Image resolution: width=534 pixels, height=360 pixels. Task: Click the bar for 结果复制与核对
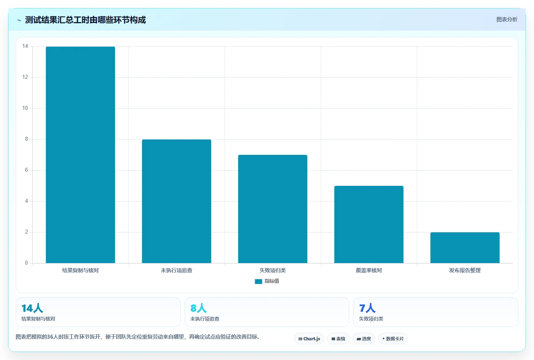pos(80,155)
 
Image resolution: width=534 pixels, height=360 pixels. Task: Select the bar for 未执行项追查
pos(176,202)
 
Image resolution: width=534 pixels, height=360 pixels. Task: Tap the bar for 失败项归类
pos(273,209)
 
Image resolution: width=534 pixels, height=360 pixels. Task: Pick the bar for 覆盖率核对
pos(369,224)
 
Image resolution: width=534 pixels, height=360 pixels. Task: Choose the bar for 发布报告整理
pos(465,248)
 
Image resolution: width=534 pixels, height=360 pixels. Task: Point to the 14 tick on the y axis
pos(25,46)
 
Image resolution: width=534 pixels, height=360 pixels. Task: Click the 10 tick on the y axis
pos(25,108)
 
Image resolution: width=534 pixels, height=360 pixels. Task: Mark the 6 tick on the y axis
pos(27,170)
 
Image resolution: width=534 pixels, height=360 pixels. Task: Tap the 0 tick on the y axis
pos(27,263)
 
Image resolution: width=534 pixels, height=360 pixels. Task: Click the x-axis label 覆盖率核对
pos(369,270)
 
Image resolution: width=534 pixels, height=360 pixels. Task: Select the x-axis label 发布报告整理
pos(465,270)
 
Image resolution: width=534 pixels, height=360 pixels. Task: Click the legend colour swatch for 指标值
pos(258,282)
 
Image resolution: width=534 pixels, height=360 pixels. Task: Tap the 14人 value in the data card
pos(32,308)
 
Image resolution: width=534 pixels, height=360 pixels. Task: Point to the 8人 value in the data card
pos(198,308)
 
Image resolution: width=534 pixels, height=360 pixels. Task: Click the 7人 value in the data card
pos(367,308)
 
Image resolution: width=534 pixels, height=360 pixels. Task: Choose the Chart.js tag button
pos(309,339)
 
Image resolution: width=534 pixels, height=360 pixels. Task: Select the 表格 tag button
pos(338,339)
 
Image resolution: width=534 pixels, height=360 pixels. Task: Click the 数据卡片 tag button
pos(393,339)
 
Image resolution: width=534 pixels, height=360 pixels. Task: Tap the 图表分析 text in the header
pos(507,20)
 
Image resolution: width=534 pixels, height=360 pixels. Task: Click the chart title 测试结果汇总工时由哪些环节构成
pos(85,20)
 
